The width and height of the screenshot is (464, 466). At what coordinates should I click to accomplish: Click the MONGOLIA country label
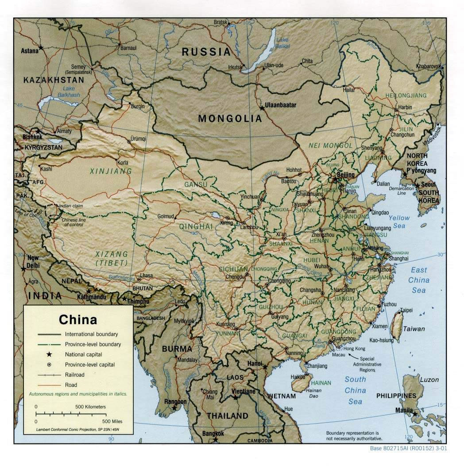tap(230, 118)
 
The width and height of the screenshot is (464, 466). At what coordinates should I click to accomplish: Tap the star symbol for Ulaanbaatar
tap(261, 107)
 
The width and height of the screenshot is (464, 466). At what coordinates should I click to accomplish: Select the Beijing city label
tap(346, 175)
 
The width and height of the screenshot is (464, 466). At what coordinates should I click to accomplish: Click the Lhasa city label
tap(146, 275)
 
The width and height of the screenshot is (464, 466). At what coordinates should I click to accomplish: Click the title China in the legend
tap(78, 319)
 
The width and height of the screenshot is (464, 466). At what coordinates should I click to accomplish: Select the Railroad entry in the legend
tap(74, 375)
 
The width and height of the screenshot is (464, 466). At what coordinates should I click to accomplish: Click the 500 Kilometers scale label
tap(90, 406)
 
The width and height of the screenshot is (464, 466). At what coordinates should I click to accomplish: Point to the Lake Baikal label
tap(282, 43)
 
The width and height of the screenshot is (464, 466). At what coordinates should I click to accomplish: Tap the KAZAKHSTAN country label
tap(54, 80)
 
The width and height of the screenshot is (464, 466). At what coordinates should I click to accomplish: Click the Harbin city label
tap(405, 107)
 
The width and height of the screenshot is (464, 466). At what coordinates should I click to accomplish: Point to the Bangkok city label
tap(213, 433)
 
